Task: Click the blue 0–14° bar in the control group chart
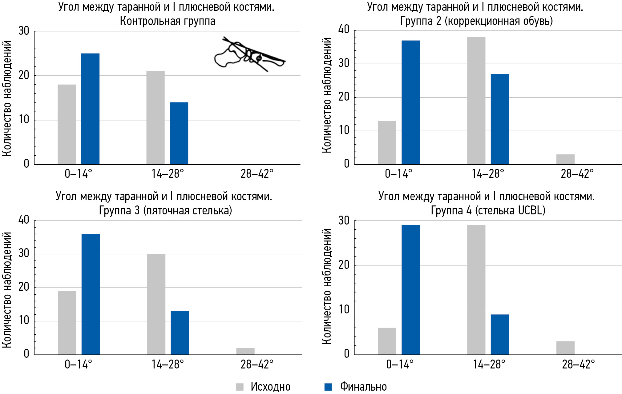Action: [x=90, y=109]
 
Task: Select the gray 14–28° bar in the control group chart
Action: [x=155, y=118]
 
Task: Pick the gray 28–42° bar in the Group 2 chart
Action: [x=565, y=159]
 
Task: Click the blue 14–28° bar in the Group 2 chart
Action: [x=500, y=119]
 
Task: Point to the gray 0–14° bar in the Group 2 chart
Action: [x=387, y=143]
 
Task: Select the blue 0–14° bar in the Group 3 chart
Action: [x=91, y=294]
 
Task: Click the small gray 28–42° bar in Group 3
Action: [x=245, y=351]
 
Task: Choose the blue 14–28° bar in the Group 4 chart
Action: [x=500, y=334]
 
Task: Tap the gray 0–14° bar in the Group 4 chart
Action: [x=387, y=341]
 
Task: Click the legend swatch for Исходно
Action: [x=240, y=387]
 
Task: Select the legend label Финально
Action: [x=363, y=387]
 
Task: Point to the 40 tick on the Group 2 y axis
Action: [x=344, y=30]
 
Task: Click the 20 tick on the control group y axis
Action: [x=24, y=75]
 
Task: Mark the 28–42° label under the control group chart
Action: [x=257, y=174]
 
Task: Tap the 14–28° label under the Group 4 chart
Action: [x=489, y=364]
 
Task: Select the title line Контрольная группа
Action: [x=168, y=21]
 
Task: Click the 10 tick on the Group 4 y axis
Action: [x=344, y=309]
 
